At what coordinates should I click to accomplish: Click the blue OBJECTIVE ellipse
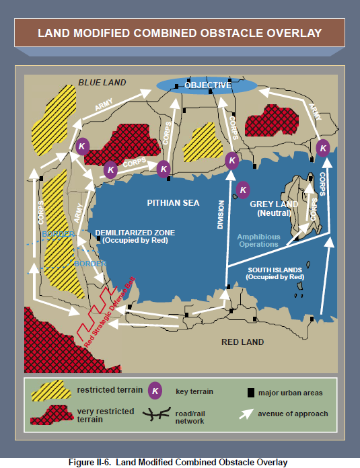(x=207, y=85)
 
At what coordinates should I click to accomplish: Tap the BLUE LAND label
(x=102, y=83)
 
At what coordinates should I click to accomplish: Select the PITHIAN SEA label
(x=173, y=203)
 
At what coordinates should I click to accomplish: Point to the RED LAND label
(x=243, y=342)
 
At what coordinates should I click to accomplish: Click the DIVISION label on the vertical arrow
(x=221, y=214)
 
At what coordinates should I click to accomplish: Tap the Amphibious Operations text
(x=258, y=241)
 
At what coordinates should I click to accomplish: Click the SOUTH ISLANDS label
(x=275, y=274)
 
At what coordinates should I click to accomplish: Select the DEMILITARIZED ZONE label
(x=135, y=237)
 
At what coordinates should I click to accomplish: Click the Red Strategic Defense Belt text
(x=110, y=312)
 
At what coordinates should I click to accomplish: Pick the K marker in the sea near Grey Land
(x=243, y=190)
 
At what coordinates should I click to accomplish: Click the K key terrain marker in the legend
(x=155, y=391)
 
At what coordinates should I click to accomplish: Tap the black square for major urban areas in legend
(x=251, y=393)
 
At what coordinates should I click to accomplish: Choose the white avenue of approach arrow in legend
(x=246, y=414)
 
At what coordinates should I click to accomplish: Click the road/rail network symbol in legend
(x=157, y=414)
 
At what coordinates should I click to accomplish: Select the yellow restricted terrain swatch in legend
(x=51, y=391)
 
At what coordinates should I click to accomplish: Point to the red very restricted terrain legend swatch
(x=52, y=415)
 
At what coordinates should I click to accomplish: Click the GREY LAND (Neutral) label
(x=274, y=208)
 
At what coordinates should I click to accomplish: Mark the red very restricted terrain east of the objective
(x=271, y=120)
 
